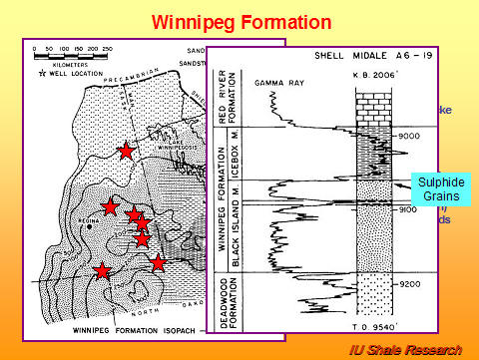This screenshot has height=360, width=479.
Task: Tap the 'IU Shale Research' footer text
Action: [x=405, y=349]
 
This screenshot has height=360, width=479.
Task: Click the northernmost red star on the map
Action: [x=126, y=151]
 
